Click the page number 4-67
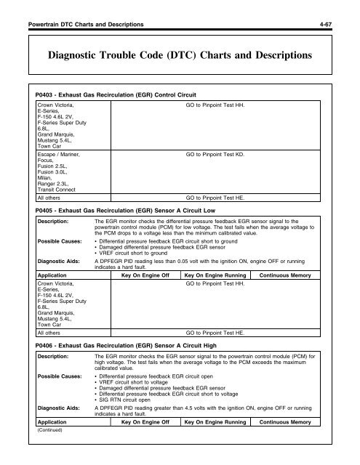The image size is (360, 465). (343, 9)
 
